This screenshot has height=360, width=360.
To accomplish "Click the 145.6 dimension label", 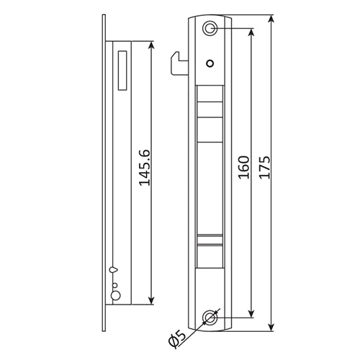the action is (145, 168).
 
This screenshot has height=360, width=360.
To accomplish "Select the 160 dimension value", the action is (244, 167).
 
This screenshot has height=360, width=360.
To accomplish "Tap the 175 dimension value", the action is (265, 167).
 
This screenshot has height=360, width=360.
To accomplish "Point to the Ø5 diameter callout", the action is (177, 338).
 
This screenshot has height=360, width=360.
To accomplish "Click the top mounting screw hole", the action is (210, 29).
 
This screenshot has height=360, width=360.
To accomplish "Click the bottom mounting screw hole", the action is (210, 318).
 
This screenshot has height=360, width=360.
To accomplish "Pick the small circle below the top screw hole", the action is (210, 63).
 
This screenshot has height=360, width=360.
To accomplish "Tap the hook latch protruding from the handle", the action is (179, 63).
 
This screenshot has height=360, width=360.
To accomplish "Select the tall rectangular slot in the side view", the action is (122, 71).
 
